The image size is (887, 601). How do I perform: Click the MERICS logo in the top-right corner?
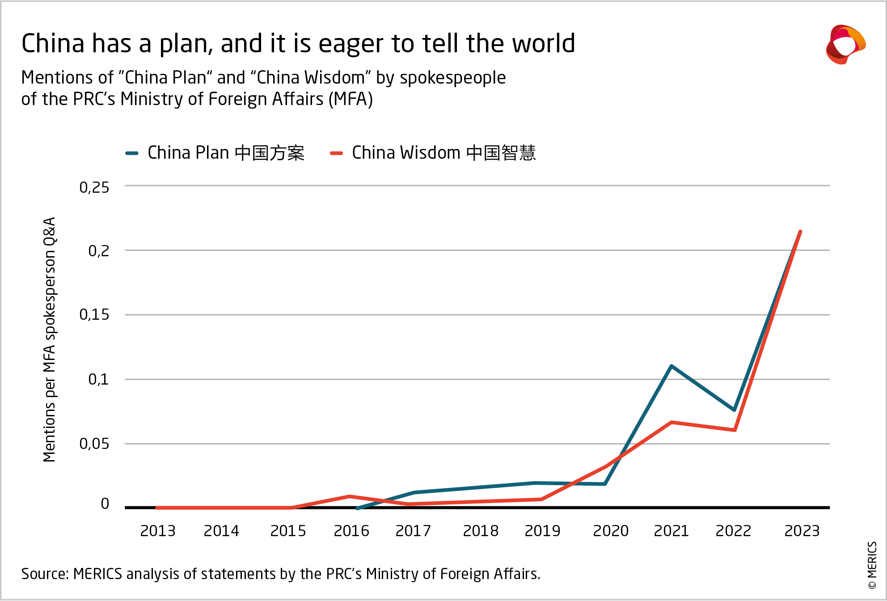845,45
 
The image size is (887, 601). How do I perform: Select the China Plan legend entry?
215,153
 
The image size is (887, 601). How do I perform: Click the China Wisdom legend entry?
433,153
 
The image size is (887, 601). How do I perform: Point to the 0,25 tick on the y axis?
94,187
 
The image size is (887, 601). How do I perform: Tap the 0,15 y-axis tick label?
94,315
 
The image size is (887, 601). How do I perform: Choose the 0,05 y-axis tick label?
94,444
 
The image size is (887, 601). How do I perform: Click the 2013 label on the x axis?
158,531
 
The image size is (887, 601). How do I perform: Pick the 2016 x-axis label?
351,531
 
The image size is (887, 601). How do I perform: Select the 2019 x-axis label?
542,531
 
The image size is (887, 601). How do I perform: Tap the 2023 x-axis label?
802,531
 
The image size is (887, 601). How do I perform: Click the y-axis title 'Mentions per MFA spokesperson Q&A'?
50,340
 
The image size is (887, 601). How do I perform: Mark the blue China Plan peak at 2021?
672,366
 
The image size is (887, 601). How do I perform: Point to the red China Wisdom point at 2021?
672,422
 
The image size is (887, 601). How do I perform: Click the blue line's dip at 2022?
734,410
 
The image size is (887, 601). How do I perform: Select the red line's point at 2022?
735,430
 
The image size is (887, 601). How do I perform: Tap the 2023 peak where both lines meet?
800,232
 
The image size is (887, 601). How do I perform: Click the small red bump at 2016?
350,496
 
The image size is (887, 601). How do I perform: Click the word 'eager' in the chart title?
351,44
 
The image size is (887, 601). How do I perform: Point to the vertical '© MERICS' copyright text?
872,566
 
